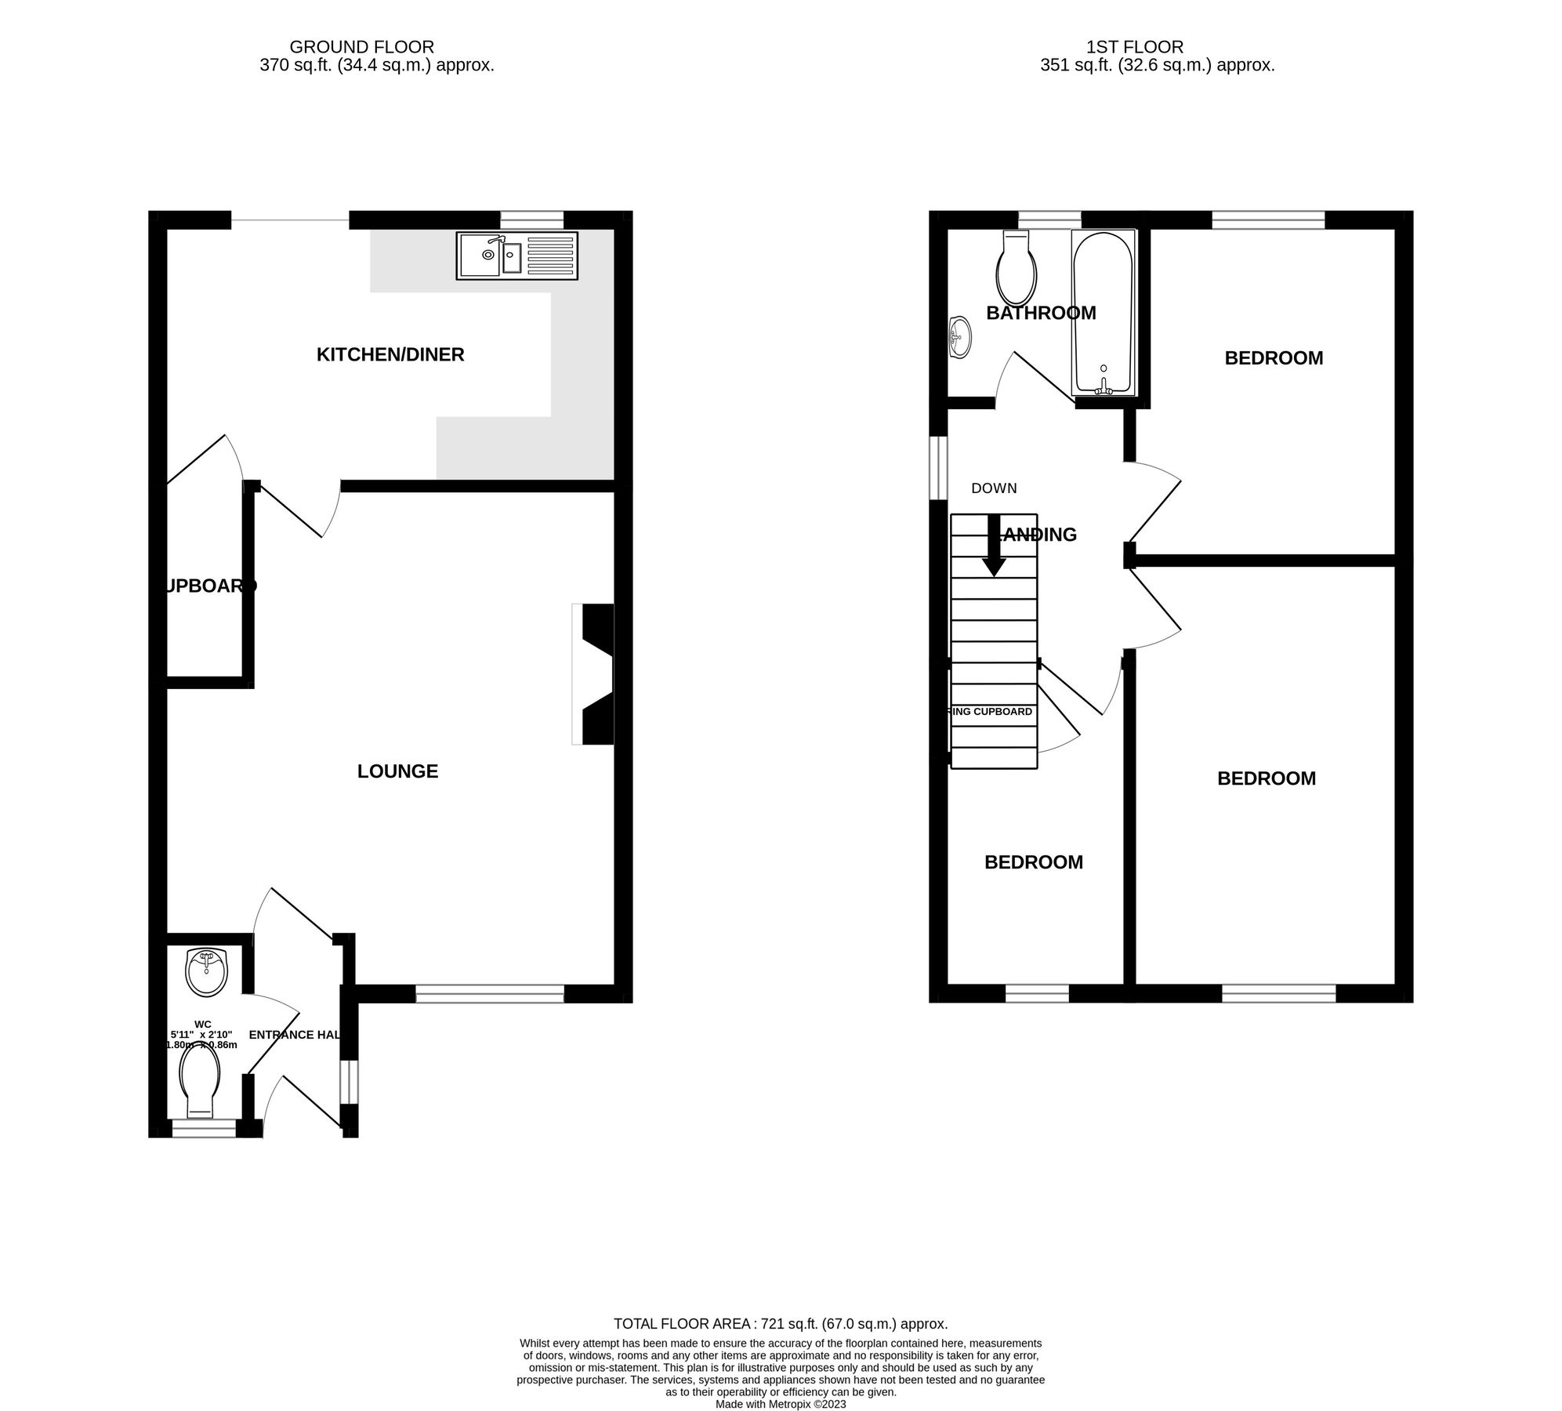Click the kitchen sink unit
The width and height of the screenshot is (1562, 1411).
point(516,256)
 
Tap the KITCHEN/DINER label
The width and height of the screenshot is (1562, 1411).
point(390,355)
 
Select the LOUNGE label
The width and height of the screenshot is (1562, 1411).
point(397,771)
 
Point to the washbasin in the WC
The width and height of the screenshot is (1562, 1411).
point(206,972)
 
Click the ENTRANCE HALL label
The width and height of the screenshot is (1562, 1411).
point(295,1035)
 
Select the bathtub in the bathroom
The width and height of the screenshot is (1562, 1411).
point(1102,314)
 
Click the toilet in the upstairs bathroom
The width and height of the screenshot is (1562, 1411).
point(1016,269)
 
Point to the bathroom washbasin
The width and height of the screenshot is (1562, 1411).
point(959,337)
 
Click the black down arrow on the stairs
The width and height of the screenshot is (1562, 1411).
point(994,546)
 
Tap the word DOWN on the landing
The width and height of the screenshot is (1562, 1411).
point(993,488)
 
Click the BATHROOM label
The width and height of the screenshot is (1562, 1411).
point(1040,313)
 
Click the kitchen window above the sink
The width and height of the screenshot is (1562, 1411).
point(531,219)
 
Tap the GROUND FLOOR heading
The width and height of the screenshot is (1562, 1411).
point(361,47)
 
